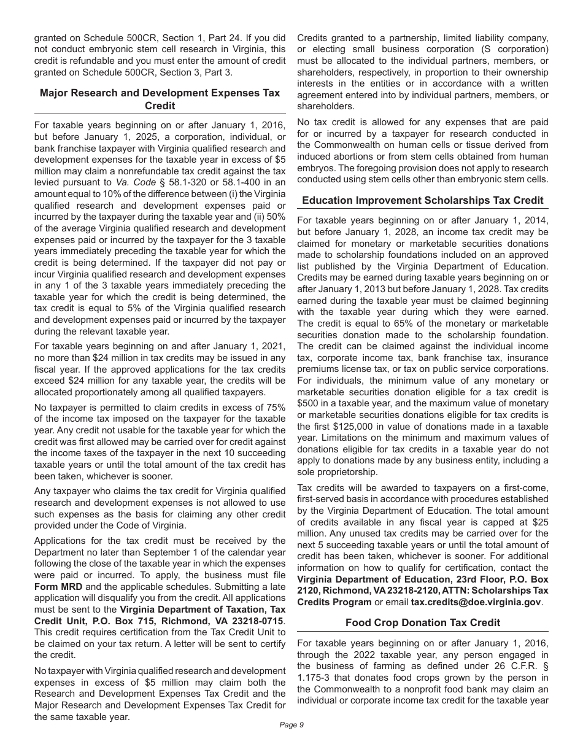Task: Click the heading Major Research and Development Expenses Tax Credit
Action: pos(160,99)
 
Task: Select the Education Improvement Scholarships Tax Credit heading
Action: pos(423,200)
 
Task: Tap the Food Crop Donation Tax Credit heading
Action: pos(423,622)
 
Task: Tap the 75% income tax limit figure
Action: pos(275,408)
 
